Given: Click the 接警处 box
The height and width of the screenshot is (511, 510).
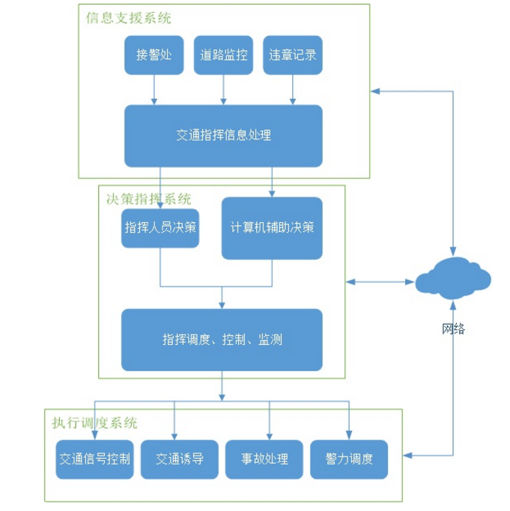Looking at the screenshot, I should [154, 55].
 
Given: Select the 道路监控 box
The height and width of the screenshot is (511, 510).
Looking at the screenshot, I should [223, 55].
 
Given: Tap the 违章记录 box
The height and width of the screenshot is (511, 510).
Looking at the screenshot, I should [293, 55].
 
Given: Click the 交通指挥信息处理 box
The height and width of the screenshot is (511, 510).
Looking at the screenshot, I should [223, 135].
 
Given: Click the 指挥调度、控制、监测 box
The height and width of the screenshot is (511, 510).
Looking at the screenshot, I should [222, 340].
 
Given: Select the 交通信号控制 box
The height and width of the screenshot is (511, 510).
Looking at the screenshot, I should [94, 459].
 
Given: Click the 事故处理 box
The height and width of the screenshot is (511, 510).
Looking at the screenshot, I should [264, 459].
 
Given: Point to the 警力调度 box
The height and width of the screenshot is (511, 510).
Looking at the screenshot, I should [349, 459].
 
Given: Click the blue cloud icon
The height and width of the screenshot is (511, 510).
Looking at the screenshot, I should [453, 281].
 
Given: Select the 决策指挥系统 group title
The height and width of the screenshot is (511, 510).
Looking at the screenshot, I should [148, 199].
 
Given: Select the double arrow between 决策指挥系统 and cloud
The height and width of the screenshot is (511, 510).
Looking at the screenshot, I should [380, 282].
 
